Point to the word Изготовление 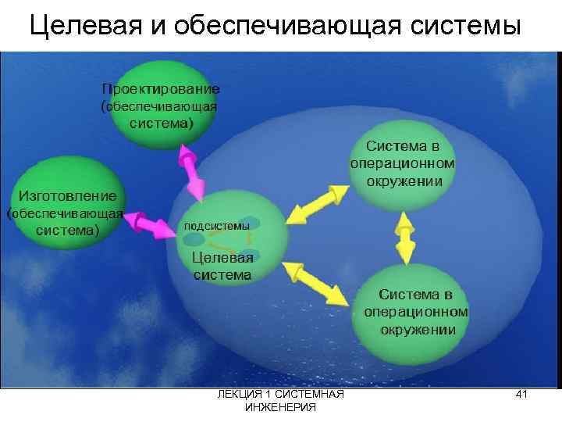[x=67, y=195]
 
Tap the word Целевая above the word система [x=222, y=259]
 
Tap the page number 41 [x=522, y=396]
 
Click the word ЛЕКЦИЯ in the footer [x=240, y=396]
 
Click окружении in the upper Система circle [x=404, y=181]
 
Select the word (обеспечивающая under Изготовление [x=65, y=213]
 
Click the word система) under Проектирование [x=162, y=123]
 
